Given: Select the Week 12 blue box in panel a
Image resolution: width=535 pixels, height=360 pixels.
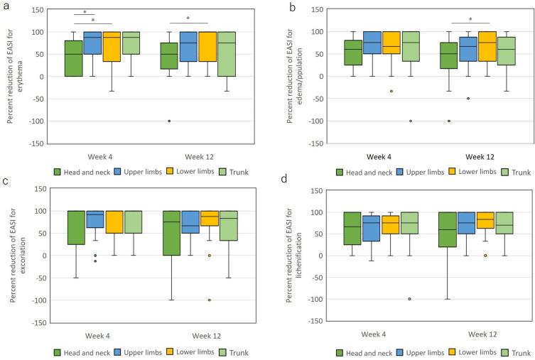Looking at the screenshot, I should point(188,56).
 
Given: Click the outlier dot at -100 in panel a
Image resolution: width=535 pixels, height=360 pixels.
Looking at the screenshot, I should point(169,121).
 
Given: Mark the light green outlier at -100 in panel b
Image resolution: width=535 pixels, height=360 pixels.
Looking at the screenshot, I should point(411,121).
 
